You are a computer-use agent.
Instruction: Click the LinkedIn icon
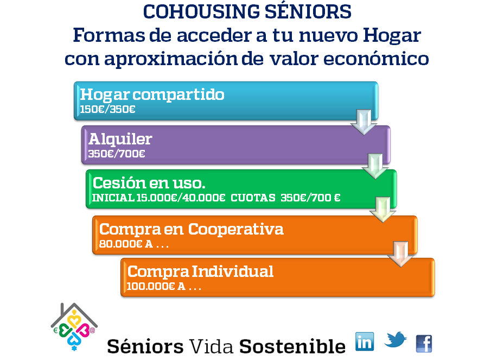point(365,342)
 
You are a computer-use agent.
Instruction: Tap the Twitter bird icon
point(396,339)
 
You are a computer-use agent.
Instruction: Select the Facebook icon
point(424,344)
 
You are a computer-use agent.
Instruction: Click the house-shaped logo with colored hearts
point(74,326)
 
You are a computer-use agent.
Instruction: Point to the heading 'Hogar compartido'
point(152,94)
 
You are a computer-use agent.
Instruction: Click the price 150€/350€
point(107,109)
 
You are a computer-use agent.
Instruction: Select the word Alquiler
point(120,139)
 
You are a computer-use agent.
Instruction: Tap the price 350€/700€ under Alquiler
point(117,154)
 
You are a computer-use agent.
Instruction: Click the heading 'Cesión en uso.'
point(149,183)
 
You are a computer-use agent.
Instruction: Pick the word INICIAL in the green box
point(113,198)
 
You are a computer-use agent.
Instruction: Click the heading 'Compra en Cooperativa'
point(192,229)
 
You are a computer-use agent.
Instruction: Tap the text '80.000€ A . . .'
point(134,244)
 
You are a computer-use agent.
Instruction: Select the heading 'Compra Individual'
point(200,271)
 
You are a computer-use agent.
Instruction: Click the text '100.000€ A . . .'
point(164,286)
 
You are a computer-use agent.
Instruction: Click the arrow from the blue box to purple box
point(364,122)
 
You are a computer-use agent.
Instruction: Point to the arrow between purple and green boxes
point(375,166)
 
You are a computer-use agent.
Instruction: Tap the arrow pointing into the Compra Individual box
point(400,254)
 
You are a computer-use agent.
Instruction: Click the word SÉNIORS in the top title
point(308,11)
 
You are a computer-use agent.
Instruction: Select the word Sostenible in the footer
point(292,346)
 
